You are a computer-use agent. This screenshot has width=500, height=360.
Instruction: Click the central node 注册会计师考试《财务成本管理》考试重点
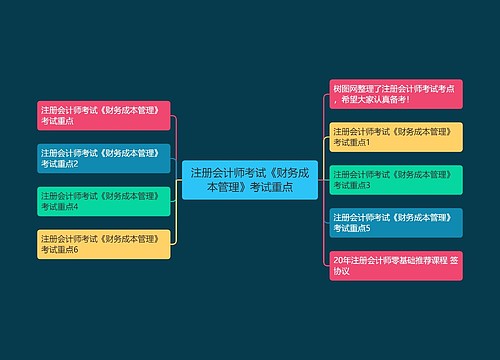(x=249, y=179)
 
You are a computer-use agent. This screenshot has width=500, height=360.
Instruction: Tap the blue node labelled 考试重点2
(x=103, y=157)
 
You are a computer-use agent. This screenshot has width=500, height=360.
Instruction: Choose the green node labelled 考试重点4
(x=103, y=201)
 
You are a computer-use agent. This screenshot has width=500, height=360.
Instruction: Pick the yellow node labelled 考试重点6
(x=103, y=244)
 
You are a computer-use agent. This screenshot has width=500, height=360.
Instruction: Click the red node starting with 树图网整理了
(x=396, y=94)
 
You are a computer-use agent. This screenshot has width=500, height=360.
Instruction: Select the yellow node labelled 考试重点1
(x=396, y=137)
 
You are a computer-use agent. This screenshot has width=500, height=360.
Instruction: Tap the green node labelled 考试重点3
(x=396, y=180)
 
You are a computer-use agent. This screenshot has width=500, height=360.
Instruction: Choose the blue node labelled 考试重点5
(x=396, y=223)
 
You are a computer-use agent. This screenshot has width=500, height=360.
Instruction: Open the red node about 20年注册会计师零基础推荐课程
(x=396, y=266)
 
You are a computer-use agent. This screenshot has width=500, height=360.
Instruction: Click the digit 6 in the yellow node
(x=75, y=250)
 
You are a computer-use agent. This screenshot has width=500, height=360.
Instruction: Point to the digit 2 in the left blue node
(x=75, y=163)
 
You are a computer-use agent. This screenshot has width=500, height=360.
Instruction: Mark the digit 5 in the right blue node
(x=368, y=229)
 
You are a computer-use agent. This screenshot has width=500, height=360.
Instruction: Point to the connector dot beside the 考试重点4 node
(x=175, y=201)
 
